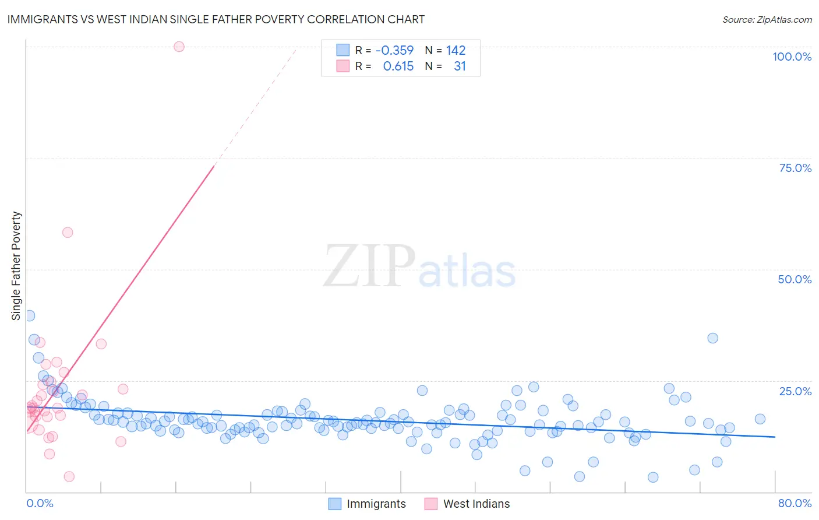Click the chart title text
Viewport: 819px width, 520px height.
pos(216,19)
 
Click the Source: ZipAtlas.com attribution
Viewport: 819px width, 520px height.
pos(767,19)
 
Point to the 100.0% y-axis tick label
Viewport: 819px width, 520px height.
pos(792,57)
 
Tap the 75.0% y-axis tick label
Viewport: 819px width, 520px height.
pos(795,168)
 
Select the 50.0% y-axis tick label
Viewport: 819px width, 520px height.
pos(795,279)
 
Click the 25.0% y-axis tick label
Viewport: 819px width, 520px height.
pos(795,391)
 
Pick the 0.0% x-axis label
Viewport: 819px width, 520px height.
pos(40,503)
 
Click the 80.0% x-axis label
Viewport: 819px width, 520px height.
pos(795,503)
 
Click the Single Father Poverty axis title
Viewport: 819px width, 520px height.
pos(16,266)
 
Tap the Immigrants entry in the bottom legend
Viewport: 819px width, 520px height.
pos(376,504)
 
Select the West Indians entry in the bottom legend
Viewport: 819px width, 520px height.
pos(476,504)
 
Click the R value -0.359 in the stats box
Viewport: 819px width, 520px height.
pos(394,50)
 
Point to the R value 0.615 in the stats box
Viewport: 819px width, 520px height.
pos(398,66)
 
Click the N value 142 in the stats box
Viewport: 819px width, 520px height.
pos(456,50)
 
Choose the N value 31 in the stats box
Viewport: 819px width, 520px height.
pos(460,66)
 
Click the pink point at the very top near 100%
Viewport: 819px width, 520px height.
pos(179,47)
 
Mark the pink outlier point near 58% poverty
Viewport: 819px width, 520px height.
pos(68,232)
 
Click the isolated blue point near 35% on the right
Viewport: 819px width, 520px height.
pos(712,338)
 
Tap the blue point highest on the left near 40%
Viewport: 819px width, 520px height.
pos(30,315)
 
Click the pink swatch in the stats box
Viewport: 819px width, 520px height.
pos(343,66)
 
